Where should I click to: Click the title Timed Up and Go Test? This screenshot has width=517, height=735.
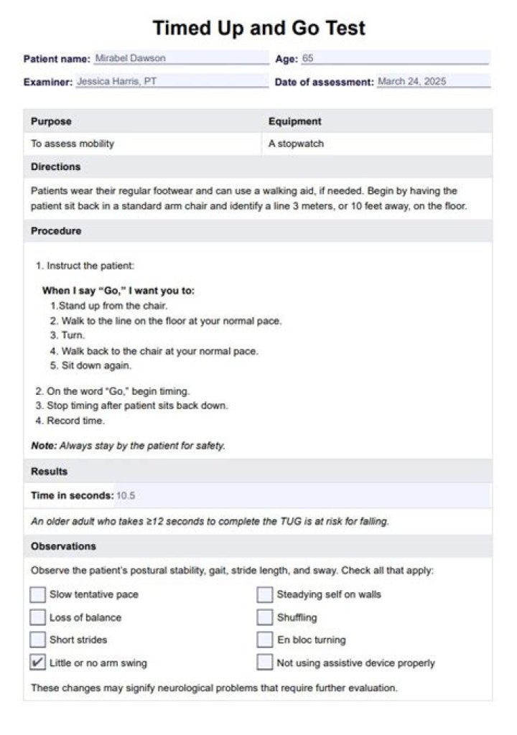pos(258,28)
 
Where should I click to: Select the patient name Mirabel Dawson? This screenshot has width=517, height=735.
pos(130,58)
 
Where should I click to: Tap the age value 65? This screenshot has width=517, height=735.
pos(308,58)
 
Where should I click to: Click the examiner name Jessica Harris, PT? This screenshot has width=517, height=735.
pos(116,82)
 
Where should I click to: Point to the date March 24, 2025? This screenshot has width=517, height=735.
pos(411,82)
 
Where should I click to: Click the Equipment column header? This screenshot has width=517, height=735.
pos(294,121)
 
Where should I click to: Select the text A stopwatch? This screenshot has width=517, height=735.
pos(296,144)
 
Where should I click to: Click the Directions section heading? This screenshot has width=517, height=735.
pos(55,167)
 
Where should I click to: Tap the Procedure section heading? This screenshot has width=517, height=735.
pos(55,231)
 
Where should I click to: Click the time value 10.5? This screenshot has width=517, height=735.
pos(126,495)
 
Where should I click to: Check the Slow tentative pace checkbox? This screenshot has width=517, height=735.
pos(37,594)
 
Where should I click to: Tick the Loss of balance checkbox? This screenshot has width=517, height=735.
pos(37,617)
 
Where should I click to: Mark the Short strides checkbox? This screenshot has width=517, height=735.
pos(37,640)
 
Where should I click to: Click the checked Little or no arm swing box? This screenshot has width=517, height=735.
pos(37,663)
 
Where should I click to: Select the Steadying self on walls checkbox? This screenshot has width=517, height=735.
pos(265,594)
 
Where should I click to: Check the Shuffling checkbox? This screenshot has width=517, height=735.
pos(265,617)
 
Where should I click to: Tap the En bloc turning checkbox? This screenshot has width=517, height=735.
pos(265,640)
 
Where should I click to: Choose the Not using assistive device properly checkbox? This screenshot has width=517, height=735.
pos(265,663)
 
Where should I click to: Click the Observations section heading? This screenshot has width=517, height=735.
pos(63,546)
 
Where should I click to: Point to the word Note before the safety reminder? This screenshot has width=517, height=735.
pos(42,446)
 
